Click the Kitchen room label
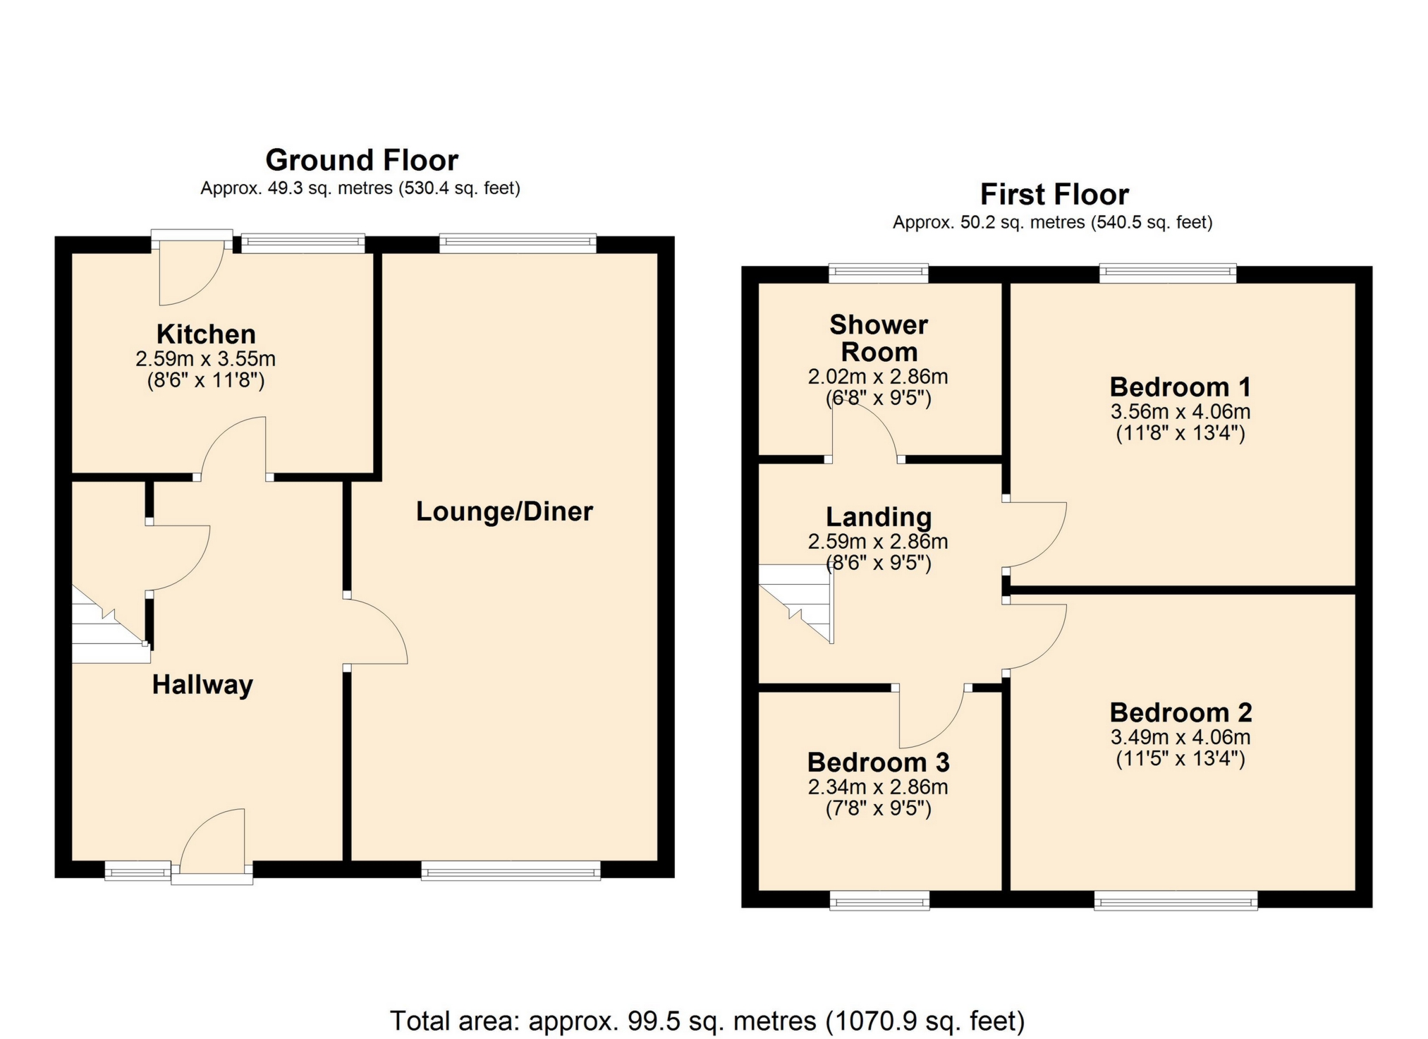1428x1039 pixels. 206,334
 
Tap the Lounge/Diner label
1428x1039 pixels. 504,511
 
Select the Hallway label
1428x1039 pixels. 202,685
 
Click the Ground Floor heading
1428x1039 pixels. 362,160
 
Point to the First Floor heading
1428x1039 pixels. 1054,194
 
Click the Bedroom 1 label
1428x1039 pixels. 1180,387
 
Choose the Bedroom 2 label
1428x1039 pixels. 1180,712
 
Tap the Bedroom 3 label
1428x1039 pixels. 878,762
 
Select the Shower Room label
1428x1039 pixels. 879,339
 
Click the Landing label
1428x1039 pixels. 879,518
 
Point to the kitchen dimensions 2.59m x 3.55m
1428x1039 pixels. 205,359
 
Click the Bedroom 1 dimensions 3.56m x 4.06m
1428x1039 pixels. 1180,412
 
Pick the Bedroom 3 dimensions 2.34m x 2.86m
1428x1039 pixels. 878,787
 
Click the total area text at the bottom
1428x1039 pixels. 707,1021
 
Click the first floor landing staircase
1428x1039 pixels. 796,604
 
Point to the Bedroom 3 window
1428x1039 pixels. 879,901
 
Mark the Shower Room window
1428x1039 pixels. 879,273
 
